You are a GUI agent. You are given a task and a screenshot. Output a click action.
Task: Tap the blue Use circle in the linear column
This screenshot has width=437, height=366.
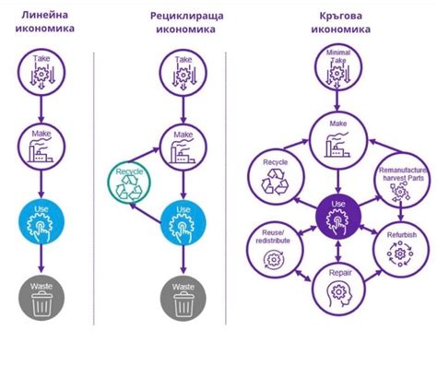pos(41,218)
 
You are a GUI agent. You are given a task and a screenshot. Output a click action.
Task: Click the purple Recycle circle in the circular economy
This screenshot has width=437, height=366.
pos(276,175)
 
